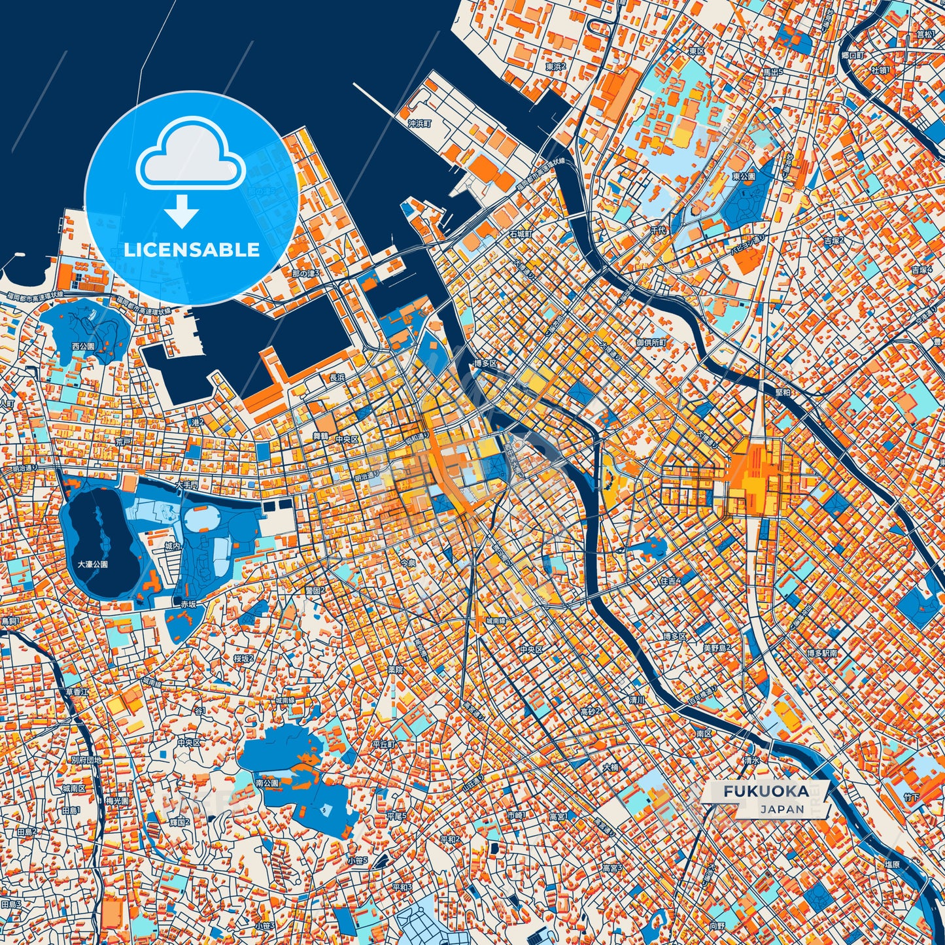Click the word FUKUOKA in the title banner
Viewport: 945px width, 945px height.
coord(765,791)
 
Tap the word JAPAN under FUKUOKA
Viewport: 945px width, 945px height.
coord(782,809)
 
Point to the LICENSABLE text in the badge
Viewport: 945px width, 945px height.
coord(192,249)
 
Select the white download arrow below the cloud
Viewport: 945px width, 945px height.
coord(182,212)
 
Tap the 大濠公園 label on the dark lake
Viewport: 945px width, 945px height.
coord(92,564)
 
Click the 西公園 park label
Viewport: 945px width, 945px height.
coord(83,345)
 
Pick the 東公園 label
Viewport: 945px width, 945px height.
coord(744,177)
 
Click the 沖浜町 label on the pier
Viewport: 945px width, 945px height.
coord(419,123)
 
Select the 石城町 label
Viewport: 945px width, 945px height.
coord(521,233)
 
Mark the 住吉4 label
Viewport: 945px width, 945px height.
coord(670,581)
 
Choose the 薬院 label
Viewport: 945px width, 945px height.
coord(396,670)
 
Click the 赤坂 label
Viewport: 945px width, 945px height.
coord(188,604)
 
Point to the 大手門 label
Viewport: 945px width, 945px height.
coord(186,486)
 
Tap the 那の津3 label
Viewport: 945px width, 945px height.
coord(305,273)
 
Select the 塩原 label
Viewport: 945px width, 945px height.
coord(891,864)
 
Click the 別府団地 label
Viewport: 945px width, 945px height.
coord(86,760)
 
